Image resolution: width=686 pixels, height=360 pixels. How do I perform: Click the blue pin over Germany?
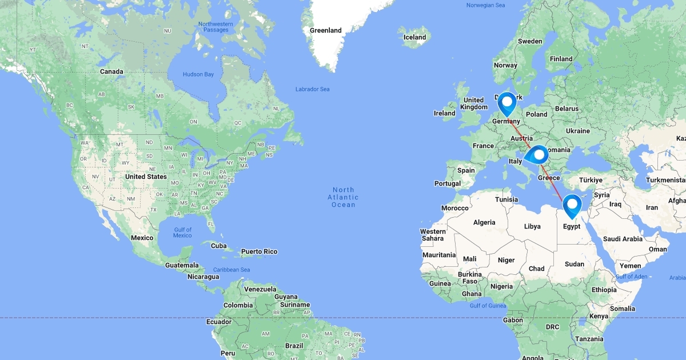506,103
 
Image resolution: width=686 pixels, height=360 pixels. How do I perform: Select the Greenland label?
325,30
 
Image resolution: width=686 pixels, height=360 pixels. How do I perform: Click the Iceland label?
414,37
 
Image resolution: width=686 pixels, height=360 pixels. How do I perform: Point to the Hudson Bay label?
198,74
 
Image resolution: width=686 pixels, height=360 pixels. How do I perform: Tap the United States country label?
146,177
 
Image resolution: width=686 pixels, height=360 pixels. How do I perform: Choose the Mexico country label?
142,238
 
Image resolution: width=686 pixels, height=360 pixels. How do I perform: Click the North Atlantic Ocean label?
343,197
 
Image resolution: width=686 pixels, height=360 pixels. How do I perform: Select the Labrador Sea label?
312,89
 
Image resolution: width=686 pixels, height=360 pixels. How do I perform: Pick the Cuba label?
219,246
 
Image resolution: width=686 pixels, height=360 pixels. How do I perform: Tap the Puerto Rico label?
259,251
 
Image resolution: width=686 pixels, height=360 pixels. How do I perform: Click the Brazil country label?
294,346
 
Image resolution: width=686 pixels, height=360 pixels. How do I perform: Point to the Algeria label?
484,222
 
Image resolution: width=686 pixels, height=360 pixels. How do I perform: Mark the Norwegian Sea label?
485,5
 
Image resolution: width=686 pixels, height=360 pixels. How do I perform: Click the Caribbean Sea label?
232,270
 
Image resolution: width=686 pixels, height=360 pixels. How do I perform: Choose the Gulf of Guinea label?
488,306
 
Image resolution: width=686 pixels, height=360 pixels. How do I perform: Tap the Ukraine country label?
578,131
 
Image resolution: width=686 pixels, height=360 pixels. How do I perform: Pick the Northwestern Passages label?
216,27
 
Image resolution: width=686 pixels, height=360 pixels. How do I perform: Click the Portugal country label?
447,183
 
